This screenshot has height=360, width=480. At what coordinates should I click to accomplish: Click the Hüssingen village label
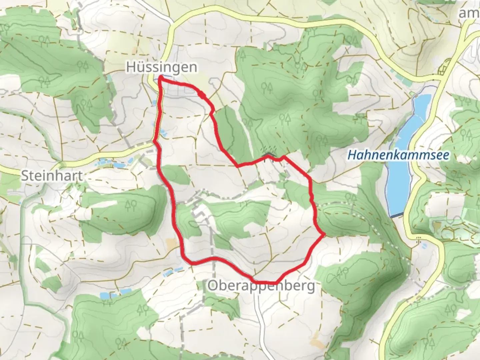coord(161,67)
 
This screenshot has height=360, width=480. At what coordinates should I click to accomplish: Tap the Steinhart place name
coord(52,176)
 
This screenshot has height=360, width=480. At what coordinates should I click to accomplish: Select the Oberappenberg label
coord(261,286)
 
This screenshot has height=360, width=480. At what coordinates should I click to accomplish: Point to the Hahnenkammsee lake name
coord(398,155)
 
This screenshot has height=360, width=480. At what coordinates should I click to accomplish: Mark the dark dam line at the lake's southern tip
coord(396,216)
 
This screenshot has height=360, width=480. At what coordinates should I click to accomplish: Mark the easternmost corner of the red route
coord(323,235)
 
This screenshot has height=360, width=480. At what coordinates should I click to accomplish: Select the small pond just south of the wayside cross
coord(424,246)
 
